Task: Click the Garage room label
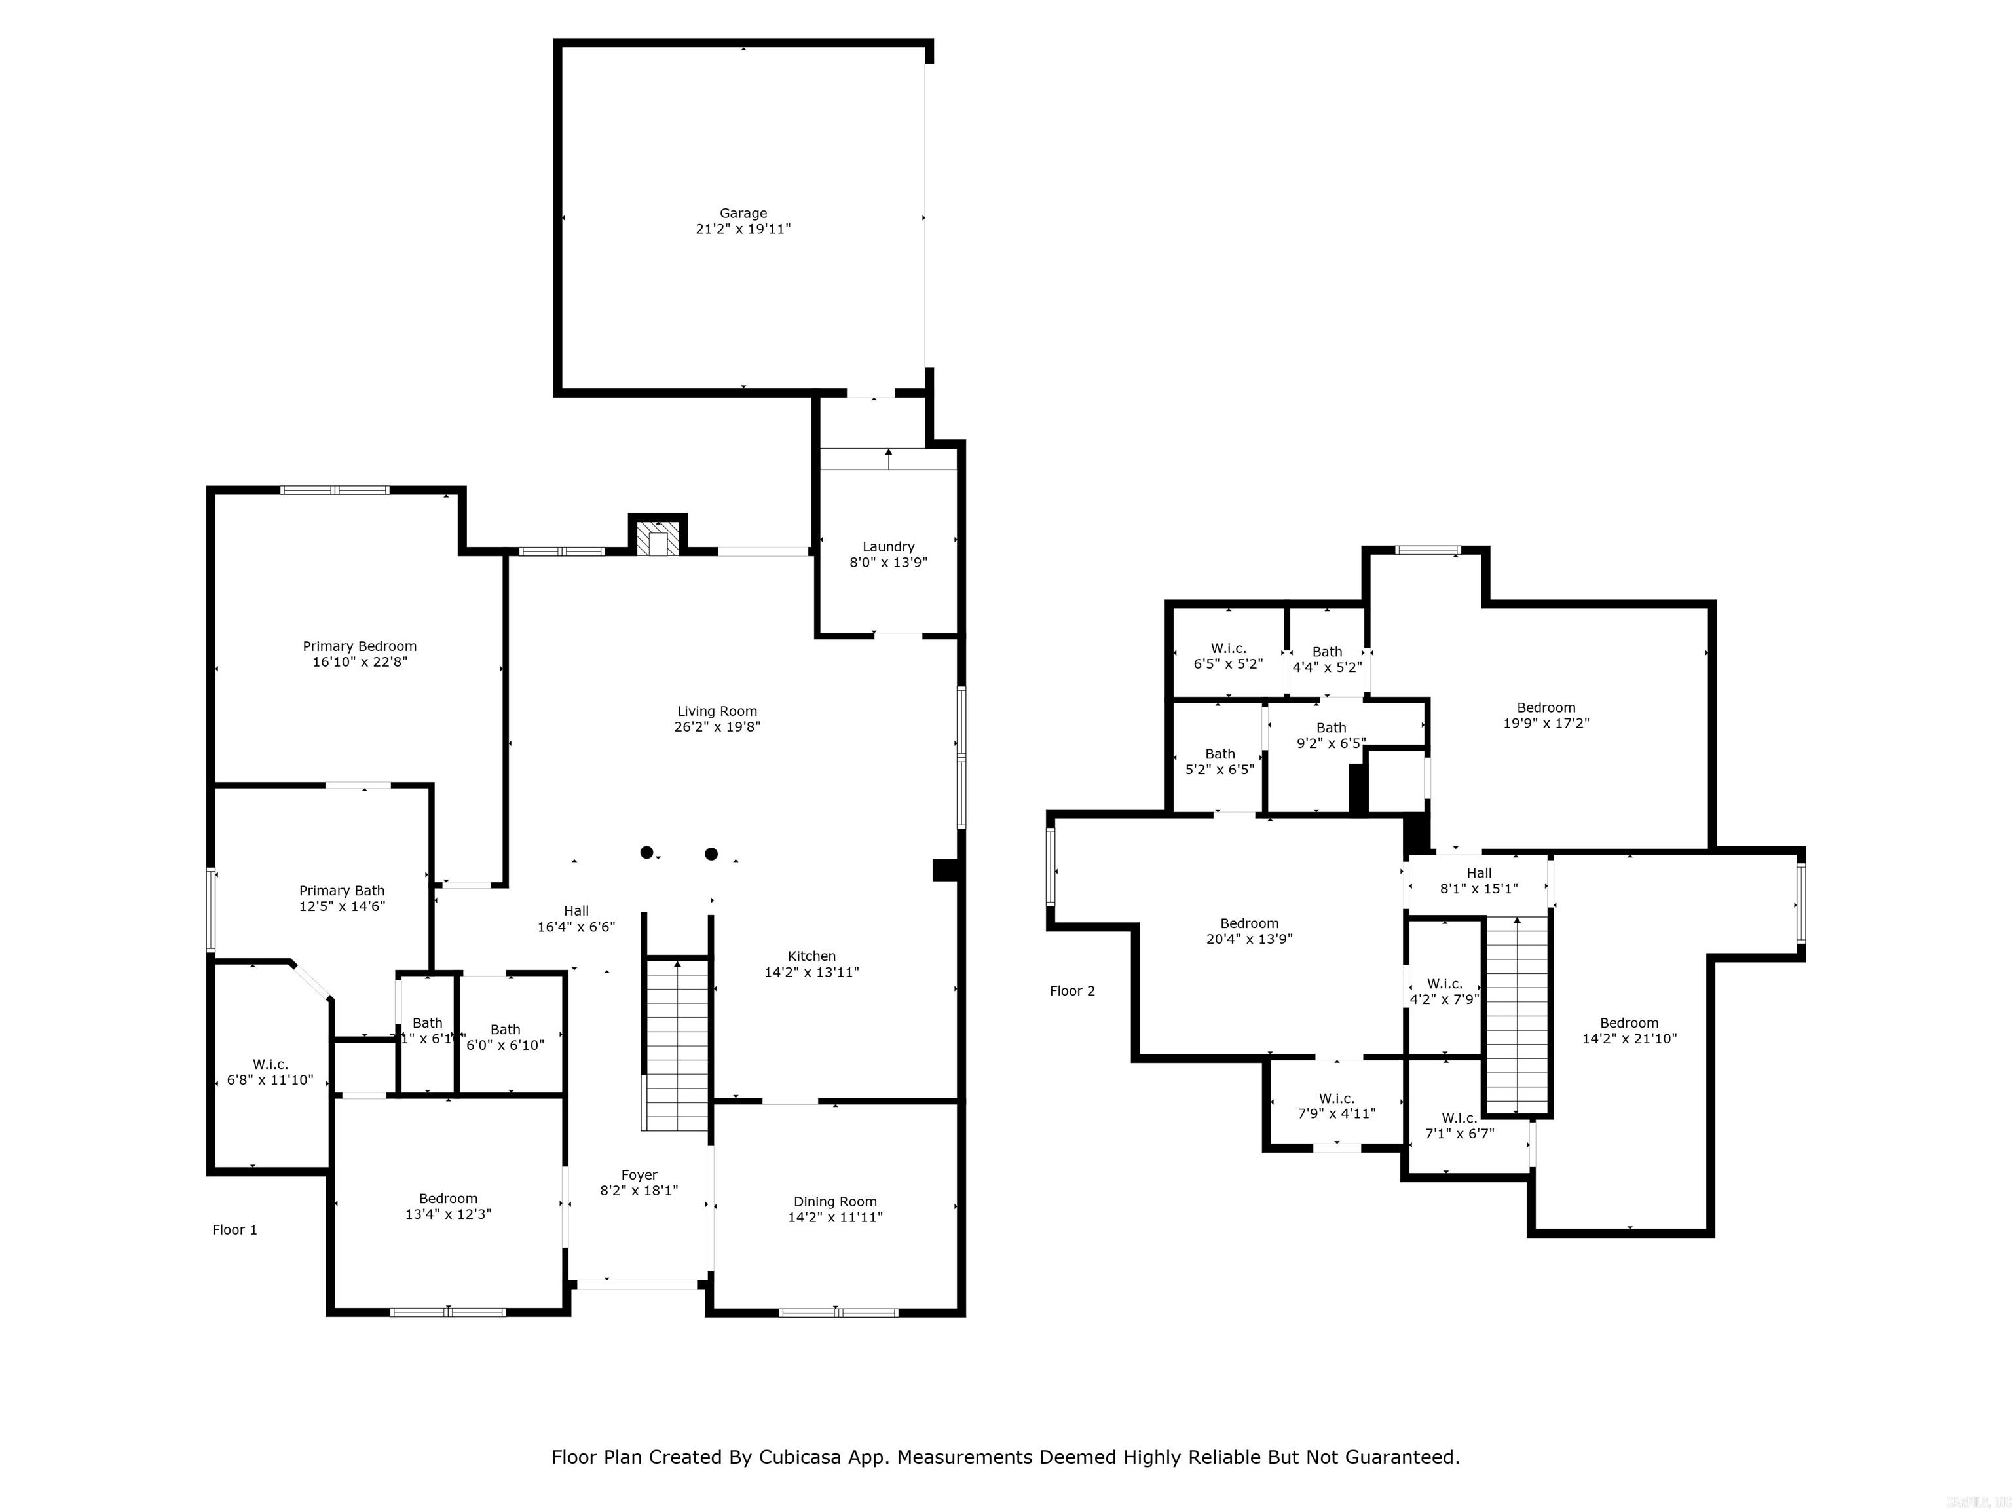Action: (743, 214)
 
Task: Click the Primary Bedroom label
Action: (360, 646)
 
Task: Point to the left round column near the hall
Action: (646, 852)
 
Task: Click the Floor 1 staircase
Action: (676, 1046)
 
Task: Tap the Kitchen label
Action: (811, 956)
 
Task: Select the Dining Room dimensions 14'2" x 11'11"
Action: (835, 1217)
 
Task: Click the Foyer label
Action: (639, 1175)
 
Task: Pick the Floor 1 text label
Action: (234, 1230)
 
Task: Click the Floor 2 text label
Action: (1072, 990)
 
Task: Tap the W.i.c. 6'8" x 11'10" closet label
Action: (270, 1064)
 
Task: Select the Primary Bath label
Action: (342, 891)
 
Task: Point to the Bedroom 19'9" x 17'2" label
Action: (1546, 707)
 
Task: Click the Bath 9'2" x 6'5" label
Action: (1331, 728)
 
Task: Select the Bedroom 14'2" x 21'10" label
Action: (1629, 1022)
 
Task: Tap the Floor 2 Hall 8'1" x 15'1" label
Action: (1479, 873)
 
